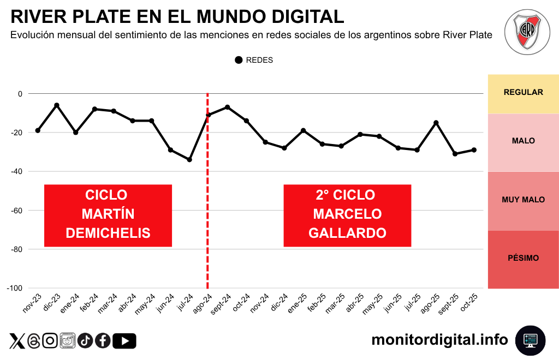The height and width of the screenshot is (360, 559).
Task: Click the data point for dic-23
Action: (x=57, y=105)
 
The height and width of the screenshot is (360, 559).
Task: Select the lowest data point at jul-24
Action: (x=189, y=160)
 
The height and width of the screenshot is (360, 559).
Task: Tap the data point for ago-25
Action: (x=436, y=123)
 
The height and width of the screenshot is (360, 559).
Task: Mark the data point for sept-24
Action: (x=227, y=107)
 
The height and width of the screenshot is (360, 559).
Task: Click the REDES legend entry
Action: (x=254, y=60)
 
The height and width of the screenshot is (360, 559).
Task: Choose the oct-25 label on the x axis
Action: (x=469, y=303)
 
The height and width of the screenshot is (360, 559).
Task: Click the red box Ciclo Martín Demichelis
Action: (x=108, y=214)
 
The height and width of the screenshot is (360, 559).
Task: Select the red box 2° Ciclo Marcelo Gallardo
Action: (x=347, y=214)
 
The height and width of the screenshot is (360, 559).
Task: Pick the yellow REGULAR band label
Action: (x=523, y=92)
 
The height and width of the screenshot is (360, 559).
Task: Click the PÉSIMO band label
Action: (x=523, y=258)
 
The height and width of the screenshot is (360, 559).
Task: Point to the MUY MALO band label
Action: (x=523, y=200)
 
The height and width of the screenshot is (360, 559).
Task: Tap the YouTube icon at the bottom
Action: (x=125, y=341)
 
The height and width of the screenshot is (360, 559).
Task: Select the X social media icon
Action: (x=17, y=341)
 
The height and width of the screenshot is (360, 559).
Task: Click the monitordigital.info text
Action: (x=439, y=340)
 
